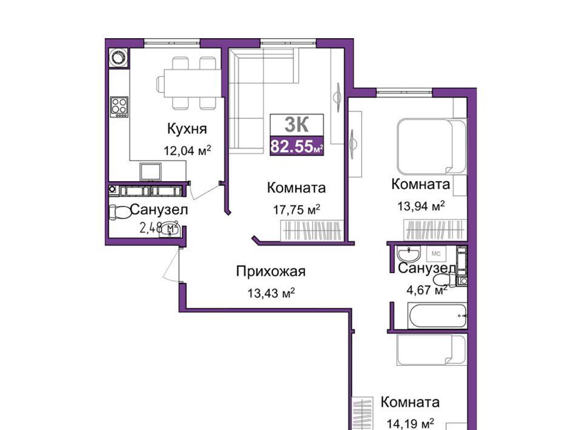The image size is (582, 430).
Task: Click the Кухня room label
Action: [x=187, y=129]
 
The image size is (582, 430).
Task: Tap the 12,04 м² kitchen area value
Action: [x=187, y=150]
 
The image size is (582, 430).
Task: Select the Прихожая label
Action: [x=271, y=272]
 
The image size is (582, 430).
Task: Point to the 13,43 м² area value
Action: [x=272, y=293]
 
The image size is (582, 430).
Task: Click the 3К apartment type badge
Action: [x=296, y=125]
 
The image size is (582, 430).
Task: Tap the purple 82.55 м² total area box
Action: [x=296, y=146]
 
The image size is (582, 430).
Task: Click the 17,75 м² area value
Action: [x=296, y=210]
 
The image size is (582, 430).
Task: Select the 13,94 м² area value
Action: [x=421, y=206]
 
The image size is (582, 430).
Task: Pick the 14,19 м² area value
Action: [x=410, y=423]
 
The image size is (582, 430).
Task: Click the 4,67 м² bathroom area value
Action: [x=427, y=289]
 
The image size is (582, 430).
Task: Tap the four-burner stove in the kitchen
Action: [x=119, y=107]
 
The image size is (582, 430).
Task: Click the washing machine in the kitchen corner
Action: [x=119, y=58]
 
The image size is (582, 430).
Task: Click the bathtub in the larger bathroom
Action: [x=437, y=316]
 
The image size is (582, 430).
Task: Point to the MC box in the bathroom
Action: [x=436, y=254]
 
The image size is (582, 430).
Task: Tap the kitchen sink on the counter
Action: [x=150, y=171]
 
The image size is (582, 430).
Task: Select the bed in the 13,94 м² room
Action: [x=430, y=147]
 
